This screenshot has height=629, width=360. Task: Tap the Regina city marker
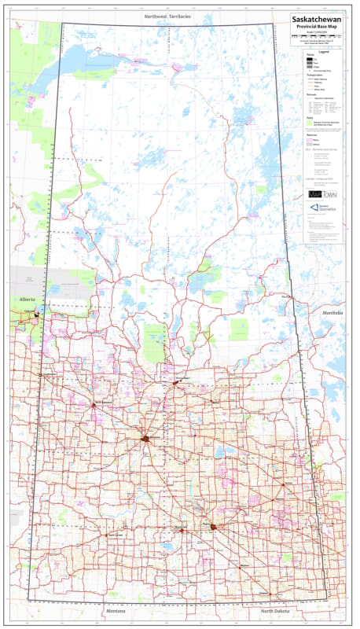(213, 527)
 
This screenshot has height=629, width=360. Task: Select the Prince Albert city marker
(176, 382)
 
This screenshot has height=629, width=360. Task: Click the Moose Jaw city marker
(182, 531)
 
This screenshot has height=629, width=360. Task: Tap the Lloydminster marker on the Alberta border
(37, 313)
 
